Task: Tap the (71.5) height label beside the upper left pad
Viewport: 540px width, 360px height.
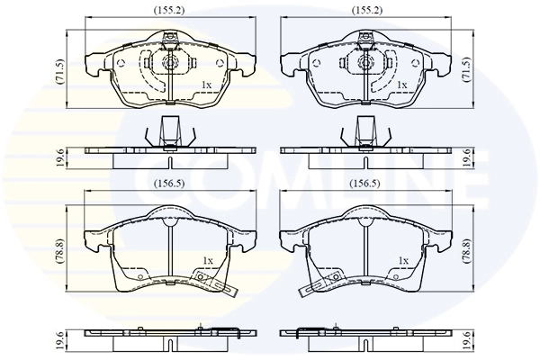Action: [60, 70]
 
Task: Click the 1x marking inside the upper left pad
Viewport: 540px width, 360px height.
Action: [207, 85]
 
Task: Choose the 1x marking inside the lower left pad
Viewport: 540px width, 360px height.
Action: [207, 260]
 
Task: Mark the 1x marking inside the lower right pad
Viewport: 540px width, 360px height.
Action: [403, 260]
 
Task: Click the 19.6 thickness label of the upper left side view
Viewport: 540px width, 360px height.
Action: [60, 154]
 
